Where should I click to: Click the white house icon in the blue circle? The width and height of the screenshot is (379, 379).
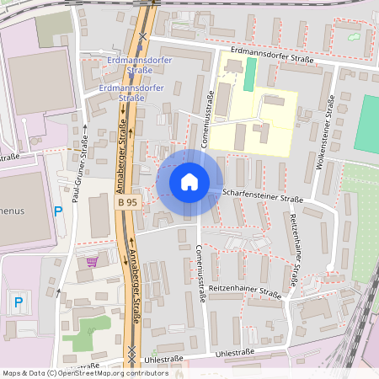click(189, 182)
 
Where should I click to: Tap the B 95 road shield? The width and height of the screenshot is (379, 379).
click(126, 202)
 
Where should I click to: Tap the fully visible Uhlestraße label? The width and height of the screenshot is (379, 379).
click(163, 359)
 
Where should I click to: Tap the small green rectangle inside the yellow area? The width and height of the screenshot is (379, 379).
click(248, 74)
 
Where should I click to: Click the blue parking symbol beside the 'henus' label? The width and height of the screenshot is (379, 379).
click(58, 211)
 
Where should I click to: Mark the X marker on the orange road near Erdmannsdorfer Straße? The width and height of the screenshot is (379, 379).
click(144, 37)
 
